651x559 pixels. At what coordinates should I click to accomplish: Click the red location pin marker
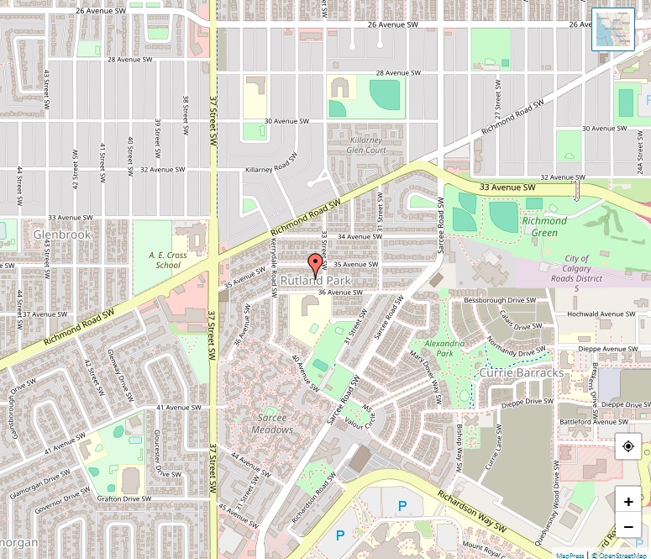[316, 264]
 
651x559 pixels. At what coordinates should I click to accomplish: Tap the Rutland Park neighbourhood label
[315, 280]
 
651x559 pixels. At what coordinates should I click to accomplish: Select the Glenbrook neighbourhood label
[62, 235]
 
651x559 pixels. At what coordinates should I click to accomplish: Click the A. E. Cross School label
[164, 260]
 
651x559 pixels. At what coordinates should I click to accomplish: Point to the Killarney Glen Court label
[365, 145]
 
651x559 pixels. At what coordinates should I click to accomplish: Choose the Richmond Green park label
[544, 226]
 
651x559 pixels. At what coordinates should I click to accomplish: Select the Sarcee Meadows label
[273, 424]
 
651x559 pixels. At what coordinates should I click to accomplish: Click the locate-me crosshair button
[627, 447]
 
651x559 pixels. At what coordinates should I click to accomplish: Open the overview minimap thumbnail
[613, 29]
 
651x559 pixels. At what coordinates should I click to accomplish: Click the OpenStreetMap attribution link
[621, 555]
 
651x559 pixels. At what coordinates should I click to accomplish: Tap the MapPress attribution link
[570, 555]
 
